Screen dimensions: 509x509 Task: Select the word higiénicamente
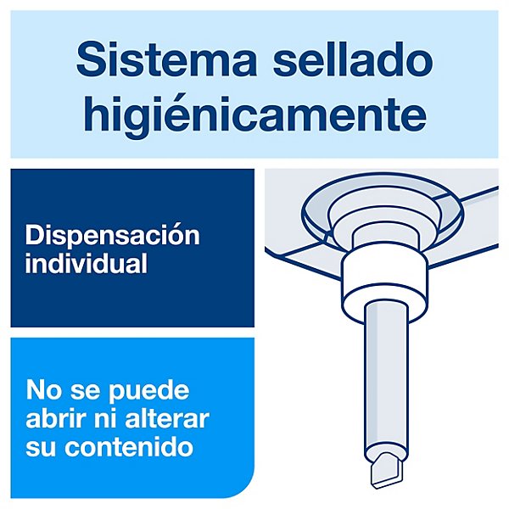[255, 113]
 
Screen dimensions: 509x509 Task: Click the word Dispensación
[112, 235]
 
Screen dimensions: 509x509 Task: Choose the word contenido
[129, 446]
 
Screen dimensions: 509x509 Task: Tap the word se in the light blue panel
[85, 393]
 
